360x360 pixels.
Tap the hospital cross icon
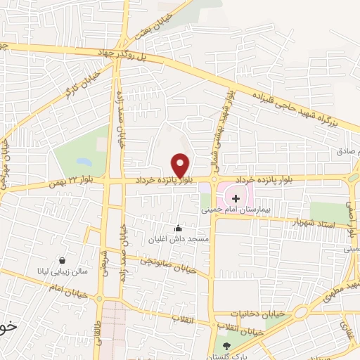(236, 199)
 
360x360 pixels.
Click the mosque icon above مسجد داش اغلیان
(178, 228)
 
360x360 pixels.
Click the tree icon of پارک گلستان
(226, 345)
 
